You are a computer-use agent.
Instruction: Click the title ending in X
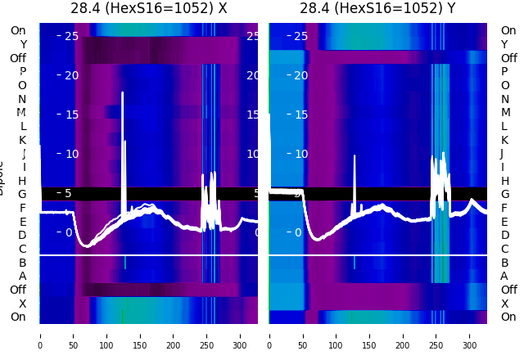pos(148,9)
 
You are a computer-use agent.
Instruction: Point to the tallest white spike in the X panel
pos(123,94)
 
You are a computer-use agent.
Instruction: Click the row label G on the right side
pos(505,194)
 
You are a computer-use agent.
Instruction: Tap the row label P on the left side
pos(22,72)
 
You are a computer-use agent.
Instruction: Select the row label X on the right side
pos(505,304)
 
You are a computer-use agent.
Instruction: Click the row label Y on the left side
pos(22,44)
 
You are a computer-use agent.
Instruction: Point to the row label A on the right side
pos(505,276)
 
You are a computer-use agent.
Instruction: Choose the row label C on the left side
pos(22,249)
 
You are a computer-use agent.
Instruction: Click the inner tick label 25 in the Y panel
pos(300,36)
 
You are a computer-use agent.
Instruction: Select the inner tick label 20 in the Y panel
pos(300,75)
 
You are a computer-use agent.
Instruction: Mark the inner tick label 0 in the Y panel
pos(298,232)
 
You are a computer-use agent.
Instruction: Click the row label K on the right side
pos(505,140)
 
